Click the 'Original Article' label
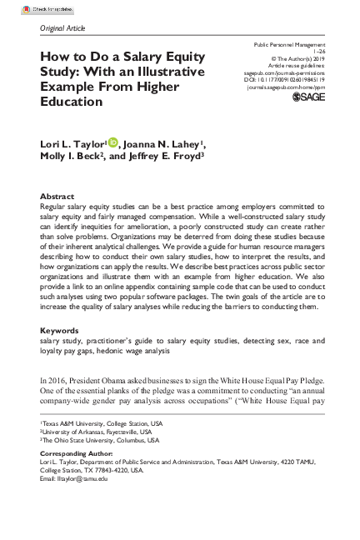(x=63, y=27)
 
